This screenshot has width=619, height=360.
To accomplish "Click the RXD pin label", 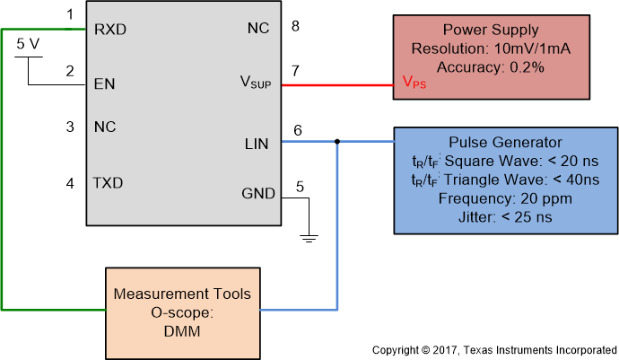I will tap(110, 29).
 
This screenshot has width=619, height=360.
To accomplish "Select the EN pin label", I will tap(104, 85).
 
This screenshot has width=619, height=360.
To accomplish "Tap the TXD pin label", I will tap(109, 183).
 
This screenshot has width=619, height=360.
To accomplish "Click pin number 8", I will tap(295, 26).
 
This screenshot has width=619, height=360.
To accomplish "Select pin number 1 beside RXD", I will tap(70, 15).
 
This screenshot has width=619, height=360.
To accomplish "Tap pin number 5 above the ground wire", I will tap(300, 187).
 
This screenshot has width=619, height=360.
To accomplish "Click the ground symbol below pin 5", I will tap(308, 238).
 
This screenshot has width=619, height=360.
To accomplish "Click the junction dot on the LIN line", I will tap(337, 141).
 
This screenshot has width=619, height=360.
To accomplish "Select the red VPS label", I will tap(414, 85).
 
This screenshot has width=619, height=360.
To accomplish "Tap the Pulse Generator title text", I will tap(505, 143).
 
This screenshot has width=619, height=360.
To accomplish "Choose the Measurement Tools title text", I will tap(182, 294).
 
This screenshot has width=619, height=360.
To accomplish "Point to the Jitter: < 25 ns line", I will tap(505, 215).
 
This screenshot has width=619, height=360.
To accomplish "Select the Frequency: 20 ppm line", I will tap(505, 198).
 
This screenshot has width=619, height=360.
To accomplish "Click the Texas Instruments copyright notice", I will tap(494, 348).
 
